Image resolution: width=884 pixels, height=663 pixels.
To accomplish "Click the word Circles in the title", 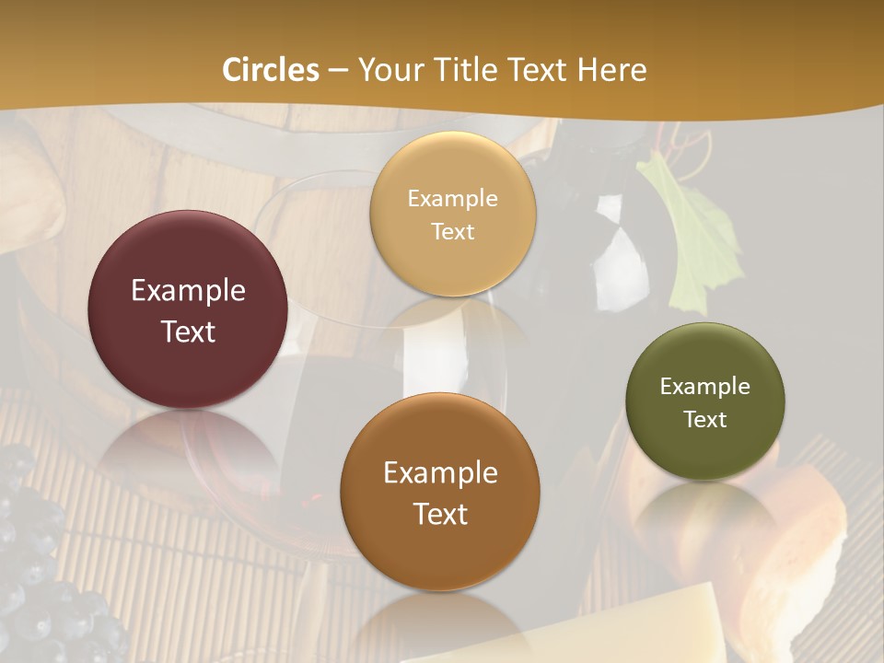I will [271, 70].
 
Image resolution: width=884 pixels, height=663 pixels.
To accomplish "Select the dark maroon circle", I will [188, 309].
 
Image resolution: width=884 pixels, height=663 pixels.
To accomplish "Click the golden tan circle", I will [452, 214].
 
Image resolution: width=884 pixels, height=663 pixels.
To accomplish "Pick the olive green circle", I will [704, 401].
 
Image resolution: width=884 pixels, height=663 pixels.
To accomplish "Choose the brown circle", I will [440, 492].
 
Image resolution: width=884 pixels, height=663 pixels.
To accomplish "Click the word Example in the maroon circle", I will [188, 291].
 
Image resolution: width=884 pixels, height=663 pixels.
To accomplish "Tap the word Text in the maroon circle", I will [188, 331].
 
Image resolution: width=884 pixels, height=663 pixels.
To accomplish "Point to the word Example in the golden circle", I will [452, 198].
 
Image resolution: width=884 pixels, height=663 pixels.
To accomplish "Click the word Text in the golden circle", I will [452, 231].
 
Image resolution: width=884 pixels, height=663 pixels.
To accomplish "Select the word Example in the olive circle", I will [704, 386].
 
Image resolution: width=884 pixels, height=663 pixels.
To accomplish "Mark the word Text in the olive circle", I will [704, 419].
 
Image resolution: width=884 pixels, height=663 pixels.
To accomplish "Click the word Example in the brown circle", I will [440, 473].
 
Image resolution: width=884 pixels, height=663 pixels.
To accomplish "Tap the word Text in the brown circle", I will [440, 514].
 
